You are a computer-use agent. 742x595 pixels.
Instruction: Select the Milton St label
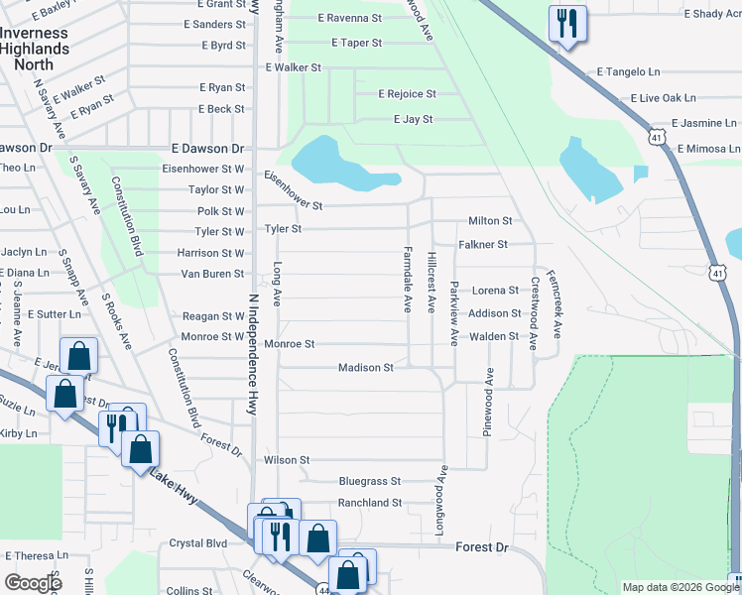[490, 221]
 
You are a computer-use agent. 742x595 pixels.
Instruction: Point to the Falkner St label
[483, 244]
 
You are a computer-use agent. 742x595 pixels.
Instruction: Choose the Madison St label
[366, 368]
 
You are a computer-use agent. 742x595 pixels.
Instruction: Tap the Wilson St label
[287, 460]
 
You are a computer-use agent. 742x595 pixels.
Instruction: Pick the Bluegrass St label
[369, 481]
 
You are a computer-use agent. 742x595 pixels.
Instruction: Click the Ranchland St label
[369, 503]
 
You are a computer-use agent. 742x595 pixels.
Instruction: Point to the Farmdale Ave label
[407, 281]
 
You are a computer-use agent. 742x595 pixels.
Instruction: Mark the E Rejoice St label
[407, 94]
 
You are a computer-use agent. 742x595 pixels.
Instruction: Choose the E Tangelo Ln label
[628, 71]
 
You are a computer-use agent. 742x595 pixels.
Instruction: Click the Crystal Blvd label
[198, 543]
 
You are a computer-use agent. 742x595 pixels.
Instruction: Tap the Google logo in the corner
[34, 583]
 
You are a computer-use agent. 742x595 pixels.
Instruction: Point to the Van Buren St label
[211, 274]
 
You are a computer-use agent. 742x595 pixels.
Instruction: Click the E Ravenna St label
[349, 19]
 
